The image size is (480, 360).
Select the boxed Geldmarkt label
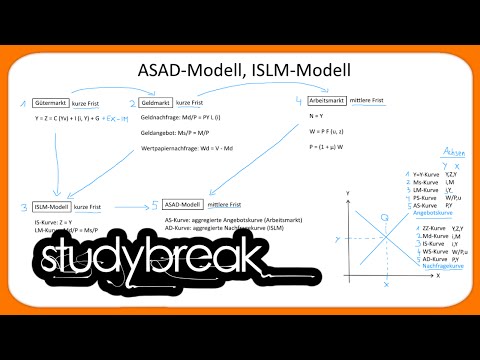(x=155, y=102)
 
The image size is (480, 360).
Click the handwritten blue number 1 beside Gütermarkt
(x=22, y=103)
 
